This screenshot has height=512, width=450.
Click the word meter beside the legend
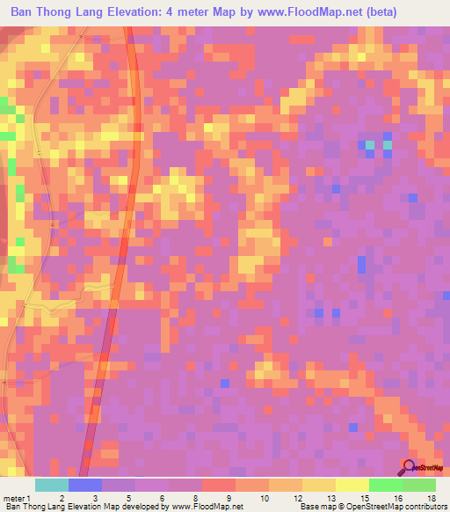11,499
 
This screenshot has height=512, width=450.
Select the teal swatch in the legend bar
52,485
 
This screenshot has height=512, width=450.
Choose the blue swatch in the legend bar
85,485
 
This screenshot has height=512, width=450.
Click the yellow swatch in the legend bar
319,485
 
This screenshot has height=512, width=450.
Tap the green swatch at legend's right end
418,485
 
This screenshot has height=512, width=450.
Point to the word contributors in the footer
425,508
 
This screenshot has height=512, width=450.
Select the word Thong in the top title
57,12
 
